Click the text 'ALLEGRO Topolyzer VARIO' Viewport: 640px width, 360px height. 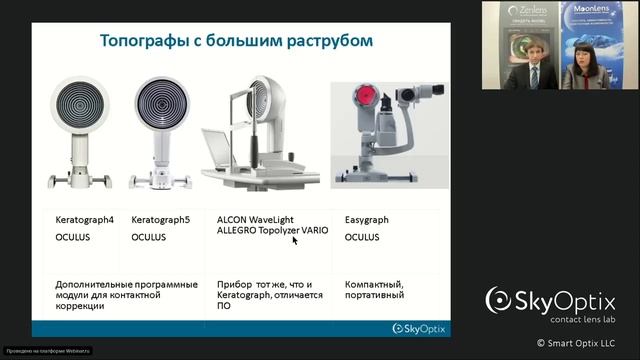(x=271, y=229)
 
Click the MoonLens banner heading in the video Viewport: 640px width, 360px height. (x=587, y=10)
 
